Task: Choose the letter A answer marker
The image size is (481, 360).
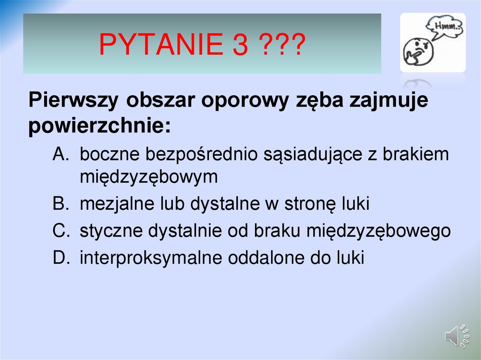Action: pos(61,153)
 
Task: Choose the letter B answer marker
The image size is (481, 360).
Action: pos(61,204)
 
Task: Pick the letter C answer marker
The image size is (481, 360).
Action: pos(61,231)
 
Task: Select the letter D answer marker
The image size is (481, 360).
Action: pos(61,258)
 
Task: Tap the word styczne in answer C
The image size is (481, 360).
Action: pos(111,231)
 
